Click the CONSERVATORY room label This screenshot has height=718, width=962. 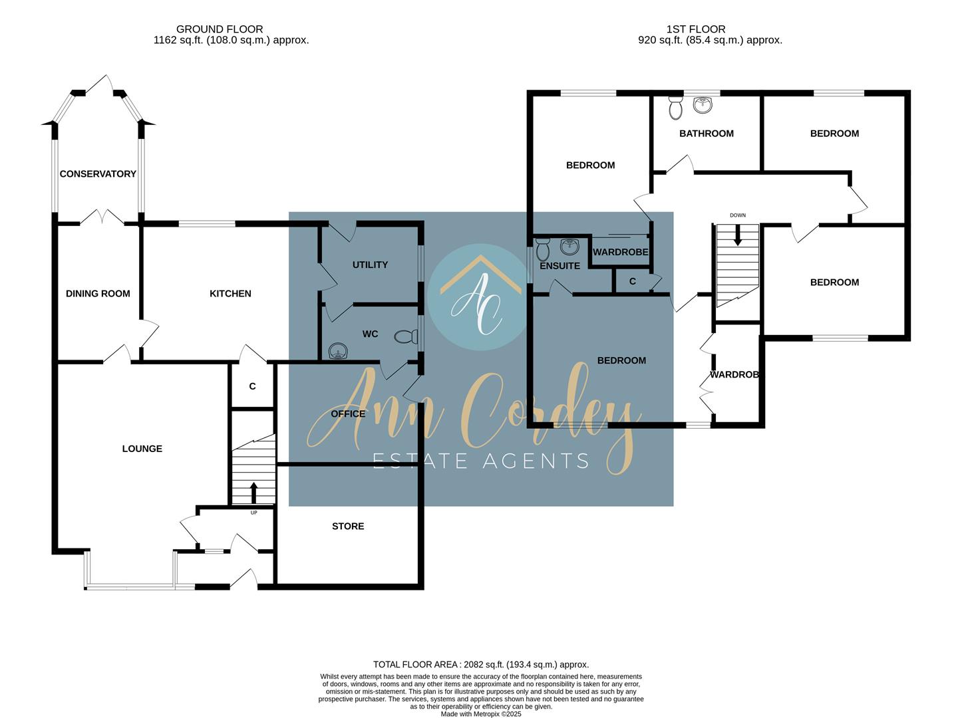pyautogui.click(x=98, y=174)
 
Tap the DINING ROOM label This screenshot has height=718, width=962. pyautogui.click(x=98, y=294)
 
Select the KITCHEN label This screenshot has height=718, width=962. pyautogui.click(x=230, y=294)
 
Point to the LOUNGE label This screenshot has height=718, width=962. pyautogui.click(x=142, y=449)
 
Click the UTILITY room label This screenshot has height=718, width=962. pyautogui.click(x=370, y=265)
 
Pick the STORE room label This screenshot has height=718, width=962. pyautogui.click(x=348, y=527)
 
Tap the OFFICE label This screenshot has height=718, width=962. pyautogui.click(x=348, y=414)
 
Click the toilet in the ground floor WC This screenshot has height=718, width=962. pyautogui.click(x=404, y=337)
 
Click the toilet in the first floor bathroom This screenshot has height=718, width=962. pyautogui.click(x=675, y=108)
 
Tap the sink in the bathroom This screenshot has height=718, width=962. pyautogui.click(x=703, y=105)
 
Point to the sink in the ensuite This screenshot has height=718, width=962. pyautogui.click(x=569, y=247)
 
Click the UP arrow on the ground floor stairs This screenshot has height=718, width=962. pyautogui.click(x=253, y=493)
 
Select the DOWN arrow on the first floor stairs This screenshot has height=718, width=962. pyautogui.click(x=737, y=235)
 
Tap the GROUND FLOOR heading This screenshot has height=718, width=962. pyautogui.click(x=220, y=29)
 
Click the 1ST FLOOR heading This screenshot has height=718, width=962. pyautogui.click(x=696, y=29)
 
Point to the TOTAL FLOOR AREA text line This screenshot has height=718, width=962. pyautogui.click(x=481, y=664)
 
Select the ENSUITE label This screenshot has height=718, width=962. pyautogui.click(x=560, y=266)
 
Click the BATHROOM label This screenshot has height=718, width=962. pyautogui.click(x=706, y=134)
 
